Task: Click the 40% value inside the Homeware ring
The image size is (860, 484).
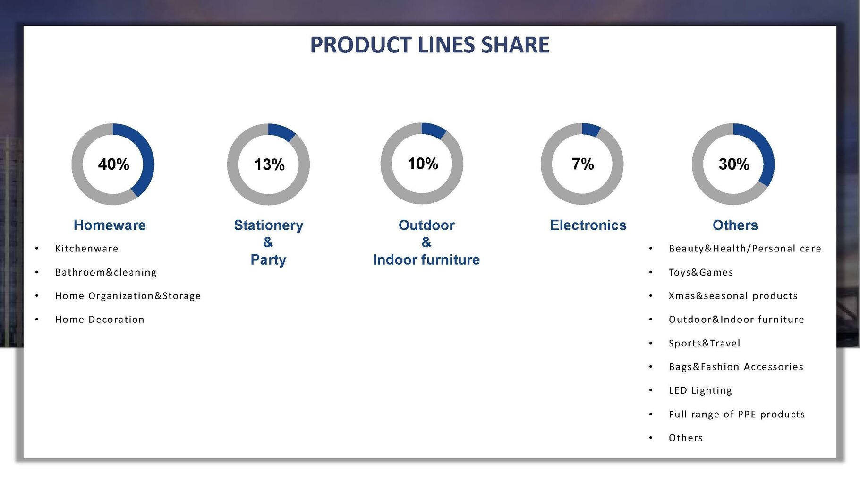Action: pos(113,164)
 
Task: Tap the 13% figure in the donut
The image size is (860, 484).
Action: pos(269,164)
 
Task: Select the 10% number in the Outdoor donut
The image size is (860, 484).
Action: pos(423,164)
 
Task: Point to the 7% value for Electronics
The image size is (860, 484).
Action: pos(583,164)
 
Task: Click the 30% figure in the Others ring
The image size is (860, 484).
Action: pos(734,164)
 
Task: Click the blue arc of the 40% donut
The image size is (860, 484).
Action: pos(148,156)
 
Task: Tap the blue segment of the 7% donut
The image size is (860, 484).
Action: pos(591,130)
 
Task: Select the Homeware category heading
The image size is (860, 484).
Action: pos(110,225)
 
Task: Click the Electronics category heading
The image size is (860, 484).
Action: pos(588,225)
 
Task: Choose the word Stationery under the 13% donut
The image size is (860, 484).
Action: pos(269,225)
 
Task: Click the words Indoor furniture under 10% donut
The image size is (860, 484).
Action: pos(426,259)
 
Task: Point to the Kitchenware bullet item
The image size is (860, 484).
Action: pos(87,248)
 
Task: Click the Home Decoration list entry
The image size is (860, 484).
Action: pos(100,319)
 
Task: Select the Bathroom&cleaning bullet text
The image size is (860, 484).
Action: pos(106,272)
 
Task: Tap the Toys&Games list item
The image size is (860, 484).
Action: pos(701,272)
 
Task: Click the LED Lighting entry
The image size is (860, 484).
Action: pos(700,390)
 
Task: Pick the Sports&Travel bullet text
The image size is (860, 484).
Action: pos(705,343)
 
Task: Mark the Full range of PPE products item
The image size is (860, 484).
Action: pos(737,414)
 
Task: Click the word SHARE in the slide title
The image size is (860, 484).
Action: pos(515,45)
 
